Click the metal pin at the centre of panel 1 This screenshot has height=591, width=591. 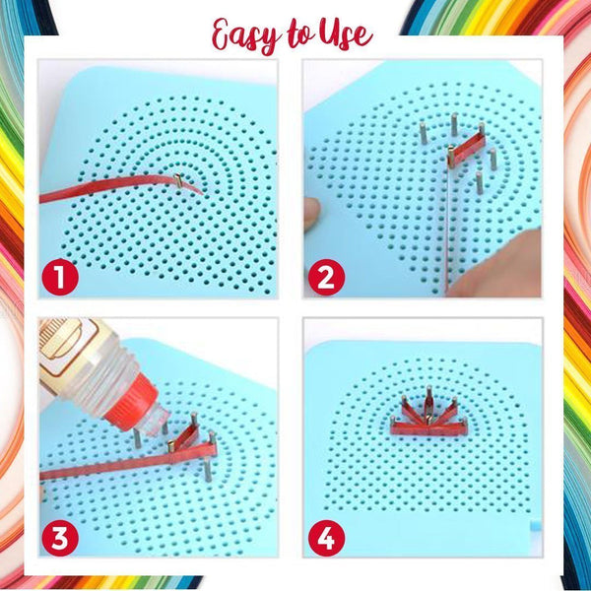coord(178,179)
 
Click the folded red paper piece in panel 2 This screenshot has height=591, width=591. coord(468,148)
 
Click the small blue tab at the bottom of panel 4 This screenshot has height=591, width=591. coord(534,544)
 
